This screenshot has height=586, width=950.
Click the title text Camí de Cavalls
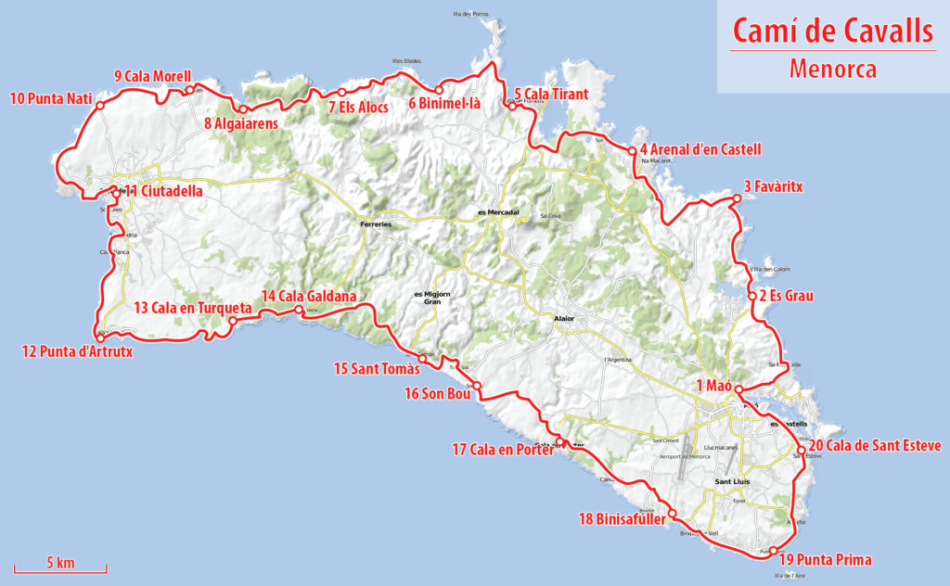pyautogui.click(x=832, y=30)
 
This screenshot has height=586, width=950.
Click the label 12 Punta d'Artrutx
pyautogui.click(x=71, y=350)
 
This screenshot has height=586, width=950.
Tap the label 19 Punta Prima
pyautogui.click(x=825, y=559)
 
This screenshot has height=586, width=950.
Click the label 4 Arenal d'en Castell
pyautogui.click(x=700, y=149)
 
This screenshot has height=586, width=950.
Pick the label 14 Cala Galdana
pyautogui.click(x=308, y=296)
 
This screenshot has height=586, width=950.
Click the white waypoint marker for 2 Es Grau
pyautogui.click(x=751, y=297)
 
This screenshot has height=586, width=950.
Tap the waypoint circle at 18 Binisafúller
pyautogui.click(x=672, y=513)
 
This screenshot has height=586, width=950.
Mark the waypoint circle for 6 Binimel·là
pyautogui.click(x=440, y=90)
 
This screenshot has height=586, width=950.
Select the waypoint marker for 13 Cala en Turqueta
pyautogui.click(x=232, y=321)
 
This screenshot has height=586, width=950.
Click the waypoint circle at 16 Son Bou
pyautogui.click(x=477, y=386)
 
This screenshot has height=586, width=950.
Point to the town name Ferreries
pyautogui.click(x=377, y=224)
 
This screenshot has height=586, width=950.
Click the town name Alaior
pyautogui.click(x=564, y=319)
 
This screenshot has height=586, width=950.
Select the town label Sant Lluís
pyautogui.click(x=732, y=482)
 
